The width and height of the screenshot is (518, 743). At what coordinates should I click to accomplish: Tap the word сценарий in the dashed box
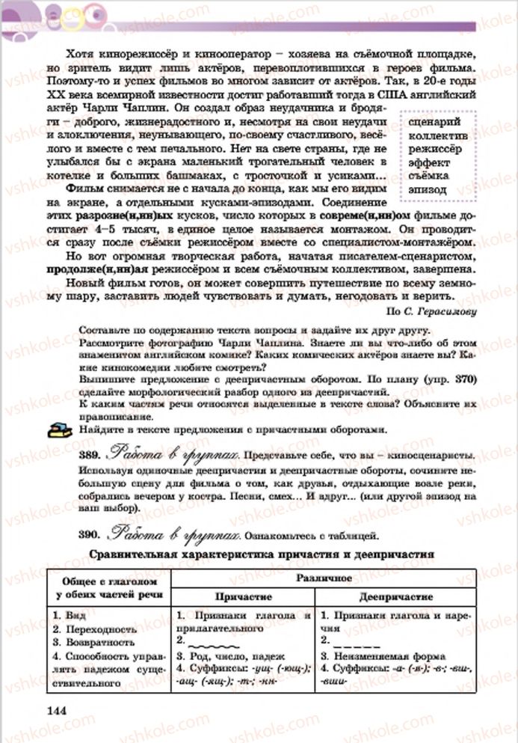point(435,122)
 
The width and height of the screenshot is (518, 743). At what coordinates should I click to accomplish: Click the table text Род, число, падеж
point(232,655)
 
